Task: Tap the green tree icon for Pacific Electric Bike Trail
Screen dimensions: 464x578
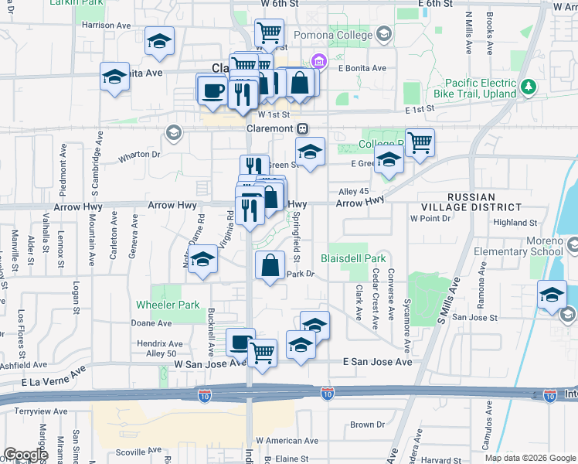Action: pyautogui.click(x=529, y=87)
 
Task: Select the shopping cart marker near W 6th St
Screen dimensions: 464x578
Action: pyautogui.click(x=269, y=33)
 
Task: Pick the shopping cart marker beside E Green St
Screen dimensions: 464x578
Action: pyautogui.click(x=420, y=142)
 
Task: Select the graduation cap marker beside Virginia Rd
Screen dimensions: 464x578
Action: pyautogui.click(x=203, y=261)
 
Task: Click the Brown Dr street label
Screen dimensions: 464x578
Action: pyautogui.click(x=367, y=425)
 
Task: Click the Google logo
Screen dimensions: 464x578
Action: pyautogui.click(x=25, y=455)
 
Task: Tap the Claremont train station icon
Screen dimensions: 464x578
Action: pyautogui.click(x=304, y=128)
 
